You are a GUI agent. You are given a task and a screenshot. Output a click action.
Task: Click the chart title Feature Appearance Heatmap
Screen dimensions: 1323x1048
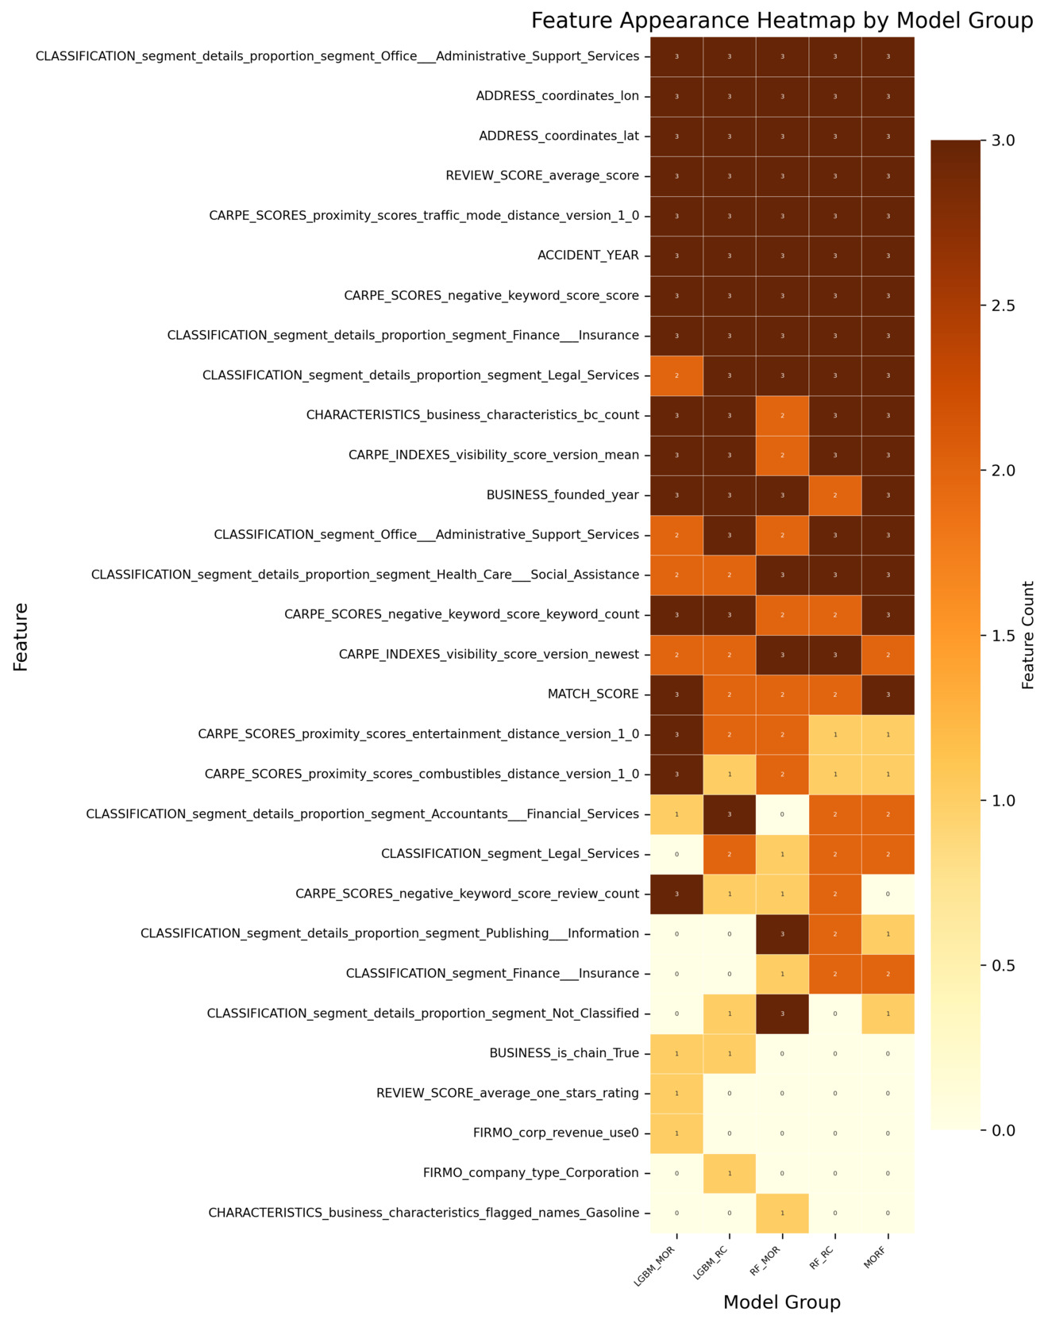781,21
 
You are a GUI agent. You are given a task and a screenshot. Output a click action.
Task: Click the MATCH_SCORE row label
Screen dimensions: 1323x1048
593,694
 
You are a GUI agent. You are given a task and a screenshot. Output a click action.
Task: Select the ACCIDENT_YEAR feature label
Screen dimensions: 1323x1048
588,256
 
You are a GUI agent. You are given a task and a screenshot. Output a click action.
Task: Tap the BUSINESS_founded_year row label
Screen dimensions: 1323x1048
562,495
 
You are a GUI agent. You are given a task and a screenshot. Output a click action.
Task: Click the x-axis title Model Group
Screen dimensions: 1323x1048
781,1302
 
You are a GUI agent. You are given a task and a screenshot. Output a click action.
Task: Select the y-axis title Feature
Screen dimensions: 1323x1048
21,637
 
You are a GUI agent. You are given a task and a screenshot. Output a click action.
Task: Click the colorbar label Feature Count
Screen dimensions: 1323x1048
1028,635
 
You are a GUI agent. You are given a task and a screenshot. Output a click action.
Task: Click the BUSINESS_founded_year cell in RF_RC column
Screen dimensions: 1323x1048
834,495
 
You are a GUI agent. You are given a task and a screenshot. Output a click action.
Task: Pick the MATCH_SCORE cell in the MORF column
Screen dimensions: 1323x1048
888,694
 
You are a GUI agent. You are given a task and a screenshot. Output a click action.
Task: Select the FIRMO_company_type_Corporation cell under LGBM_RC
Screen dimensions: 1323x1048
729,1173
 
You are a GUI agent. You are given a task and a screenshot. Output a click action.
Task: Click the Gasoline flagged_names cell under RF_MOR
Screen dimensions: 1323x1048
782,1213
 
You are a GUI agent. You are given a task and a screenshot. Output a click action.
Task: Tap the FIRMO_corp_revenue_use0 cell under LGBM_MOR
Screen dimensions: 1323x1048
676,1133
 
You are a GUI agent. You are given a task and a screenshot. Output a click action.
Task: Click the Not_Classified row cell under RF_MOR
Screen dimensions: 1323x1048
782,1013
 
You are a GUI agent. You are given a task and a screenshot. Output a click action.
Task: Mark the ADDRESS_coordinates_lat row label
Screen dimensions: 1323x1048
559,136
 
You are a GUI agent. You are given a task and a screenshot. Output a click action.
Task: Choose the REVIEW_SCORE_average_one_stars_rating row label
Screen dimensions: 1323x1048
507,1094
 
